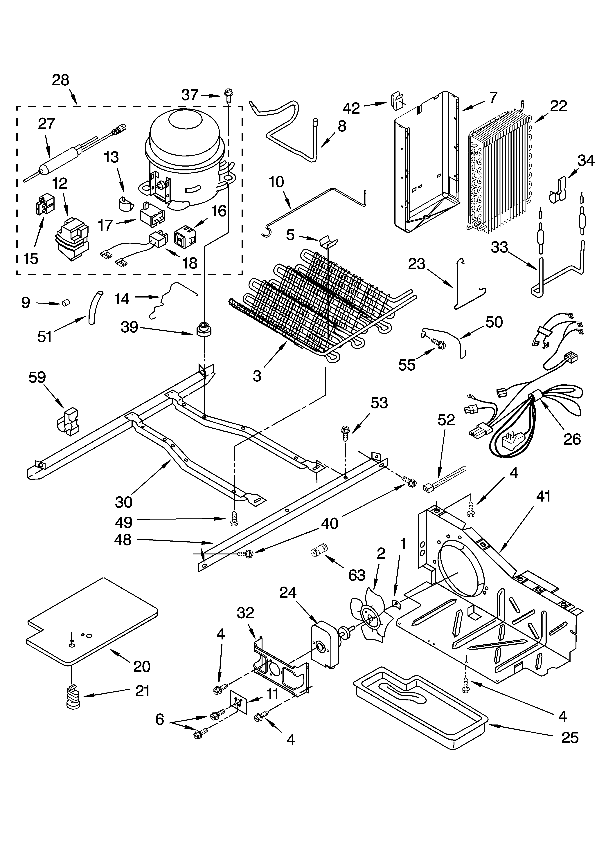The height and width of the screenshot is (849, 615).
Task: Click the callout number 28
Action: pos(61,80)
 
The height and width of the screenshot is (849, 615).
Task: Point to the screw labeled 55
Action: pos(439,342)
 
